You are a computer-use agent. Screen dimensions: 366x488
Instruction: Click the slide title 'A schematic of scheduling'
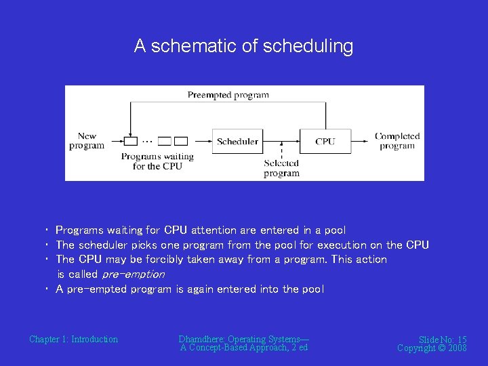243,46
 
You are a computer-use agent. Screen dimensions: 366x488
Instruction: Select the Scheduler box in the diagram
237,142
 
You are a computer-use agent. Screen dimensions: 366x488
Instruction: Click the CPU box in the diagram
325,142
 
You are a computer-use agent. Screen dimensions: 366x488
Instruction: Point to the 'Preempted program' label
228,95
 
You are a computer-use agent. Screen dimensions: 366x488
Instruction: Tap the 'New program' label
87,141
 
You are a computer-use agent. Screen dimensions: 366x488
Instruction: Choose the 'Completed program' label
397,141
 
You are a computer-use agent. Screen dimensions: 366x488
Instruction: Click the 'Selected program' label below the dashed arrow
281,168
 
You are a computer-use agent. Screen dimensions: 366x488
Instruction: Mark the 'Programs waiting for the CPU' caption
157,161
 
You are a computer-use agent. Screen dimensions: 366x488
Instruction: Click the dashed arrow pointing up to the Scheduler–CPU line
281,150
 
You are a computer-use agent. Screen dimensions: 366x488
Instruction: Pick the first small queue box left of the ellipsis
130,141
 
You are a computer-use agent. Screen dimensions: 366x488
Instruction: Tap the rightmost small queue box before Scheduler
181,141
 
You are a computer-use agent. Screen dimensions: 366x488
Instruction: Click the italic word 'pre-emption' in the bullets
133,274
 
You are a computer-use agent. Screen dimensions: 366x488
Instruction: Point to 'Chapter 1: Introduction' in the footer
73,339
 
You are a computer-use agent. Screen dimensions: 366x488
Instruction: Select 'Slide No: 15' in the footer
442,340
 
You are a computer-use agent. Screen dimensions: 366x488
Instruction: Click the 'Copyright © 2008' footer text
432,348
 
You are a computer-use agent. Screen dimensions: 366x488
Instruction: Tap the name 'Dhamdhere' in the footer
201,339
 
